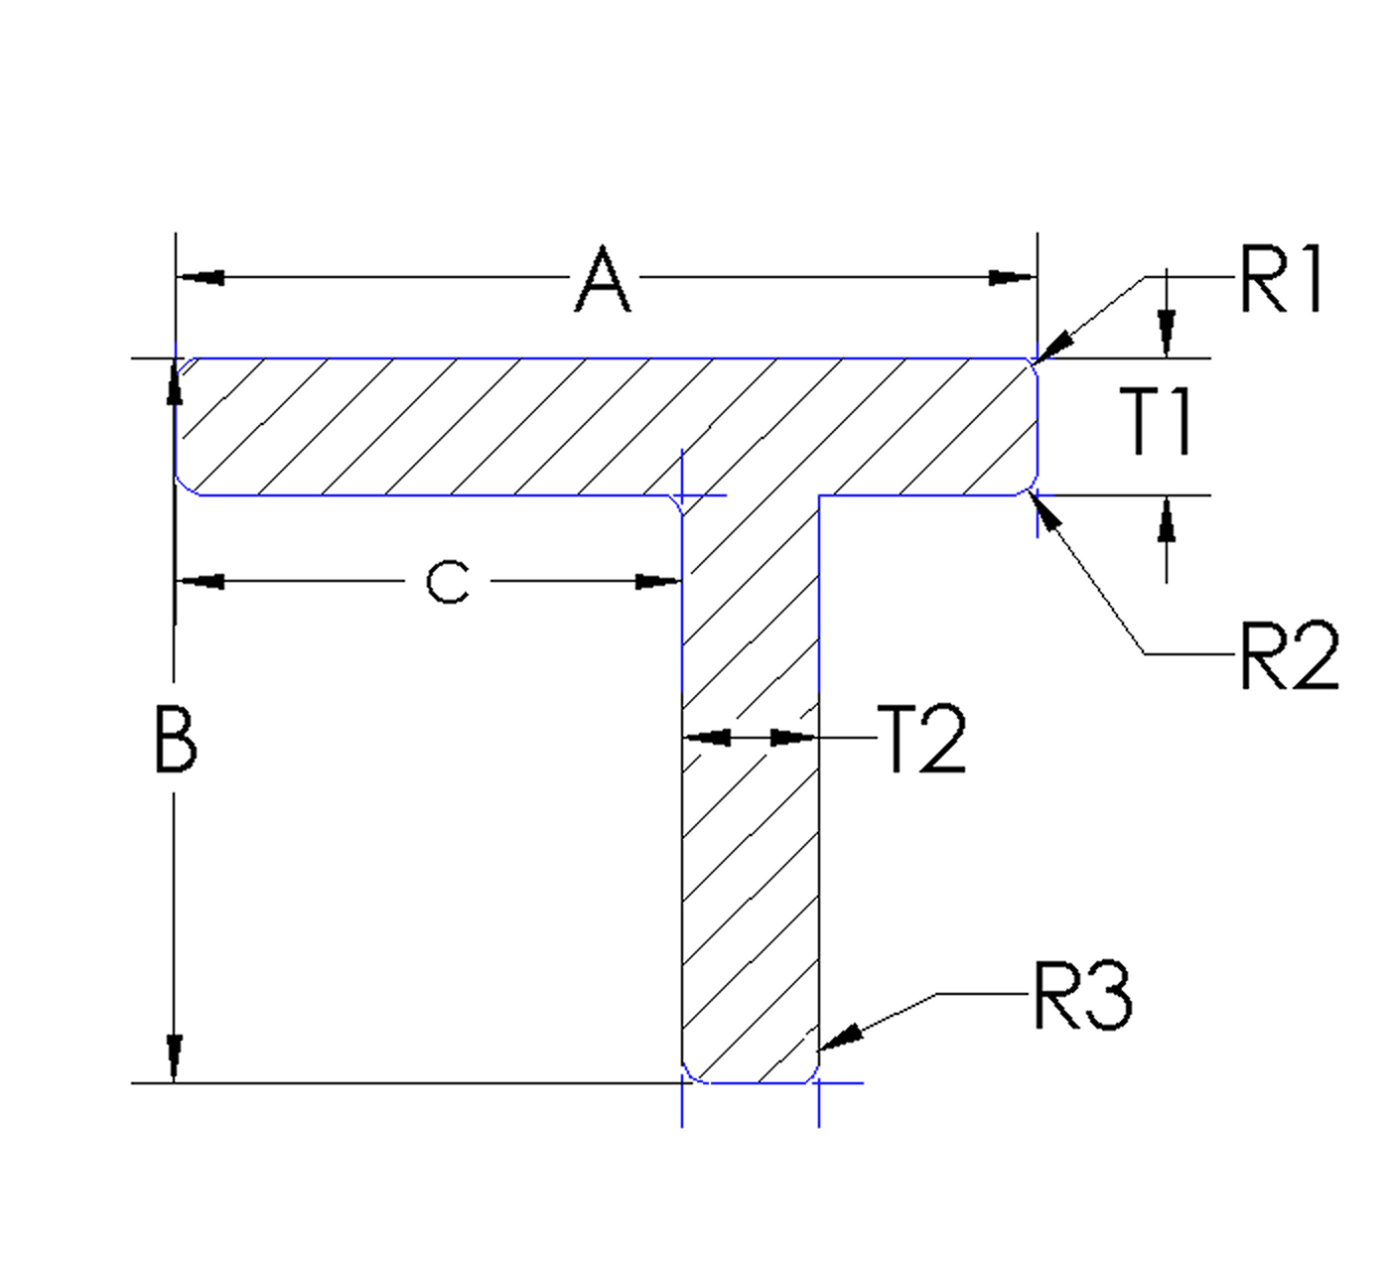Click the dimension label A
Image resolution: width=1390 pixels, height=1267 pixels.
(x=604, y=282)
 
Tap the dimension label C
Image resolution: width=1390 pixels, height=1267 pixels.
(x=447, y=583)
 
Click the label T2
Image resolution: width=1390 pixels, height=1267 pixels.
(x=922, y=741)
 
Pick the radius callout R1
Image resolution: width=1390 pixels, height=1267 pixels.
(x=1281, y=282)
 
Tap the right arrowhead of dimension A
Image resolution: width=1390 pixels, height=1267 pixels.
(x=1013, y=278)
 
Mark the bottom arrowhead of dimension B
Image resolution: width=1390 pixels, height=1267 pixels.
(x=175, y=1058)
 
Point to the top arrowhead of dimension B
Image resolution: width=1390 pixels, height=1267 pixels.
(x=175, y=383)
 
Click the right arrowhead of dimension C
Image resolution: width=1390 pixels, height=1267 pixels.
(x=657, y=582)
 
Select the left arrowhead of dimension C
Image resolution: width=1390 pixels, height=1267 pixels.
(x=201, y=582)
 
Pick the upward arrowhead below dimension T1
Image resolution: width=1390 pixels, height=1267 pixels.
(x=1168, y=520)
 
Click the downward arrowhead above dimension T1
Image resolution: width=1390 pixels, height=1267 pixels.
(x=1168, y=332)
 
